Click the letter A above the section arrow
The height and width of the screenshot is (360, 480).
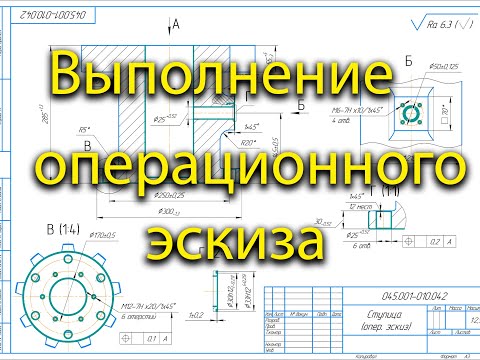(x=175, y=22)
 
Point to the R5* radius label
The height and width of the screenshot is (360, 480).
(x=92, y=128)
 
